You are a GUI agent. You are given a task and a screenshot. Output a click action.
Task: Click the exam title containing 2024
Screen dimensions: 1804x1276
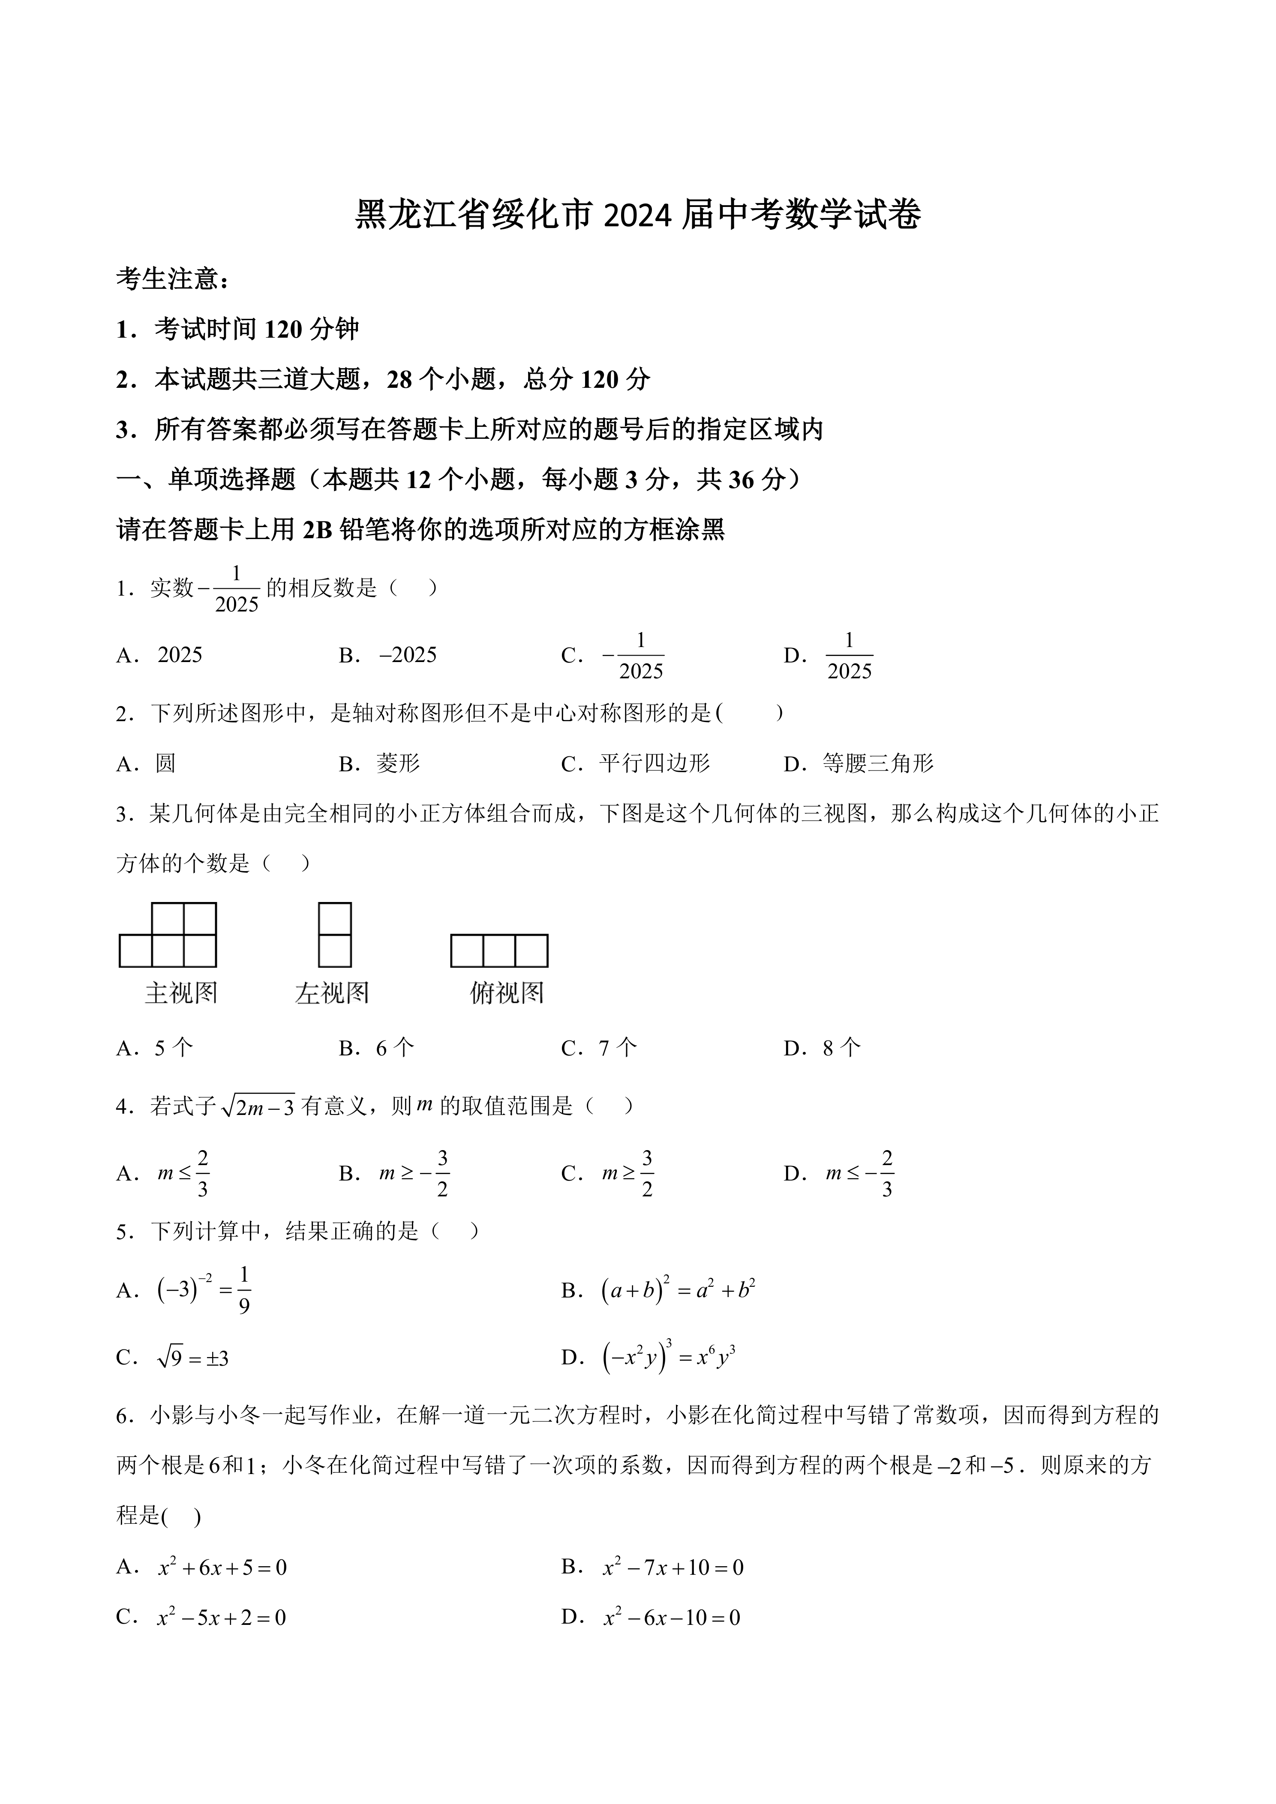tap(637, 215)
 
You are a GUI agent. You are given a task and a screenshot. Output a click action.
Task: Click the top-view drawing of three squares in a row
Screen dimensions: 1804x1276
tap(499, 951)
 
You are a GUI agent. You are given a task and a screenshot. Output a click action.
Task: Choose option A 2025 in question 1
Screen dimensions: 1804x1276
tap(179, 655)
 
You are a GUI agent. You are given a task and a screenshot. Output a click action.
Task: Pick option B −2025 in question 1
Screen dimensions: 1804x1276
tap(407, 655)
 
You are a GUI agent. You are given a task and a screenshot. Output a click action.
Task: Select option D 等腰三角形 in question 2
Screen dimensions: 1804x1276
tap(877, 763)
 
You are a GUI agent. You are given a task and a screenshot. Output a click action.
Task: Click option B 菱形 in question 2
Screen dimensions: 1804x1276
tap(398, 763)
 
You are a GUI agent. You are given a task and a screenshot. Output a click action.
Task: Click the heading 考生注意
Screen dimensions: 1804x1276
tap(173, 279)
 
